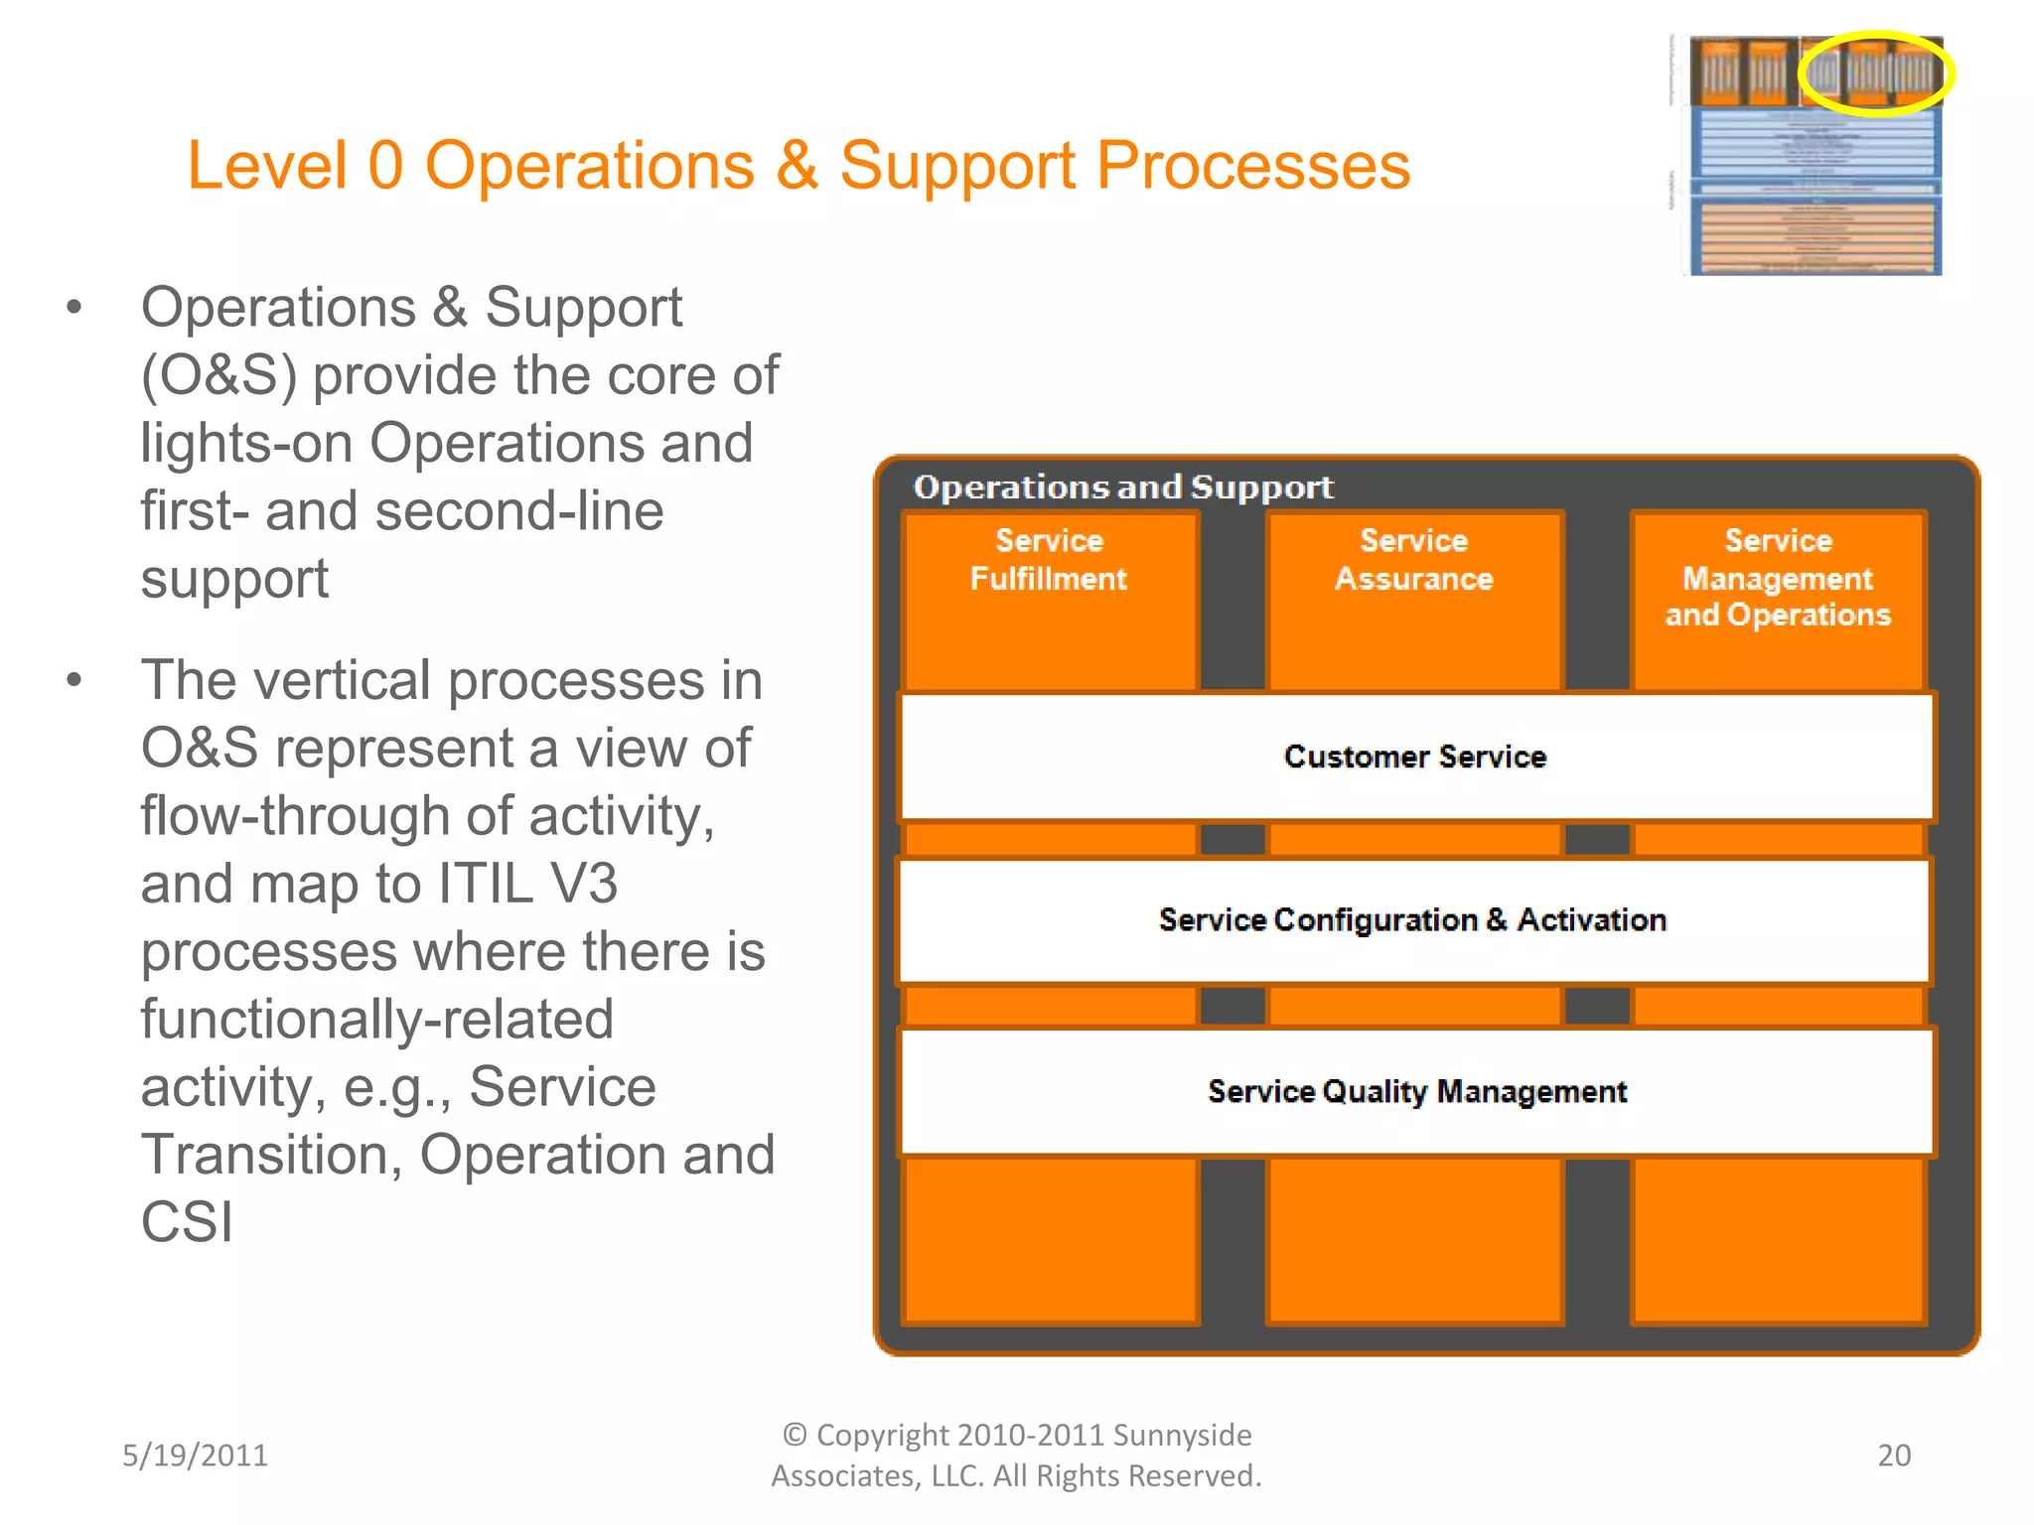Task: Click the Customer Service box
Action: click(1415, 758)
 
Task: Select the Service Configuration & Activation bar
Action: click(1412, 920)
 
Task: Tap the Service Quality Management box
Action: click(1416, 1092)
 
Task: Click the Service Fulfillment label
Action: click(1049, 560)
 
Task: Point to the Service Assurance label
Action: click(1413, 560)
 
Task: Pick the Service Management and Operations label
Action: click(1778, 578)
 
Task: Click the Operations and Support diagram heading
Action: click(1122, 487)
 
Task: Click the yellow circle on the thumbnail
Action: click(1875, 73)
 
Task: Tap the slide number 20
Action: click(1894, 1456)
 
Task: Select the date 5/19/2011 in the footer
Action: click(195, 1456)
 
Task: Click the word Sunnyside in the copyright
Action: click(1182, 1436)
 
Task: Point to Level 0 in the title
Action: click(295, 166)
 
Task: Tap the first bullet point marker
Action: click(73, 308)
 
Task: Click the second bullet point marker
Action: click(73, 681)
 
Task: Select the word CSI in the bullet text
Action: click(187, 1222)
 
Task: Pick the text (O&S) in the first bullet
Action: click(218, 376)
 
